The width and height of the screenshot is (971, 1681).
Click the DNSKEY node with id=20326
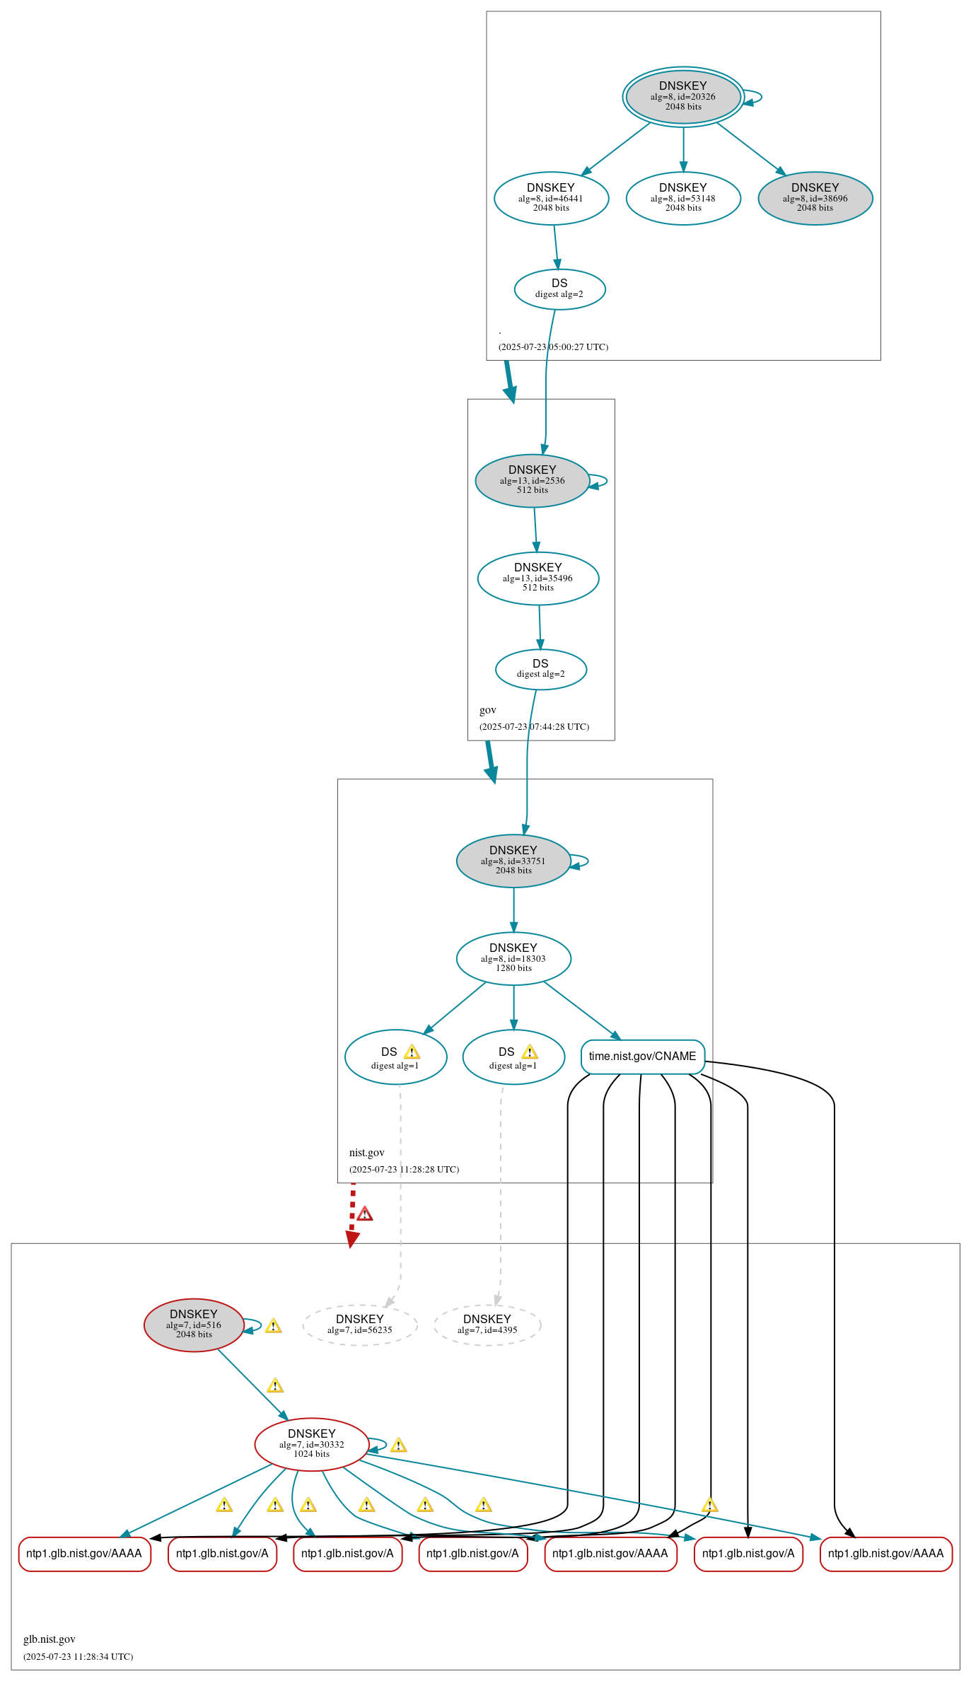click(682, 96)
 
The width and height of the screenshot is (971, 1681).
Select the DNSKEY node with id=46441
click(551, 198)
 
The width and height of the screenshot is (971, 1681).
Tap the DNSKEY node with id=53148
click(683, 198)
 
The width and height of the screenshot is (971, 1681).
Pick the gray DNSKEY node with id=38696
click(815, 198)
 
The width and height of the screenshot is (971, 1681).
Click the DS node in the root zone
click(559, 289)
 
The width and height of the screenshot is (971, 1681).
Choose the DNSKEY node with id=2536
click(532, 480)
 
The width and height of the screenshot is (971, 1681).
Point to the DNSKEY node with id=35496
click(537, 578)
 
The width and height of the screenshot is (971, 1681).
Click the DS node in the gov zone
click(540, 668)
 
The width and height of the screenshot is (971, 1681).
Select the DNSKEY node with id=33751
click(513, 861)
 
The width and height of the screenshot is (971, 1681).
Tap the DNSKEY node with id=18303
click(513, 958)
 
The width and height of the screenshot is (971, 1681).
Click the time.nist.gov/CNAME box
click(642, 1056)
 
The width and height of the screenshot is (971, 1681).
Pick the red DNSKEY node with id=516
click(194, 1325)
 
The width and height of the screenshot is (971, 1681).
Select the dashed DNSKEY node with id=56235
click(359, 1325)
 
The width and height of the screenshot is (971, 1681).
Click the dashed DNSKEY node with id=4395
click(487, 1325)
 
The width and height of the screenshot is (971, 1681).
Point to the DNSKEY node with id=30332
click(311, 1443)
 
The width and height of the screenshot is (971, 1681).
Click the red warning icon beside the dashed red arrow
click(364, 1214)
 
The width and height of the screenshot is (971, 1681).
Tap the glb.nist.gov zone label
click(50, 1639)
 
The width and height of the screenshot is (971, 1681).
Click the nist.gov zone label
click(366, 1152)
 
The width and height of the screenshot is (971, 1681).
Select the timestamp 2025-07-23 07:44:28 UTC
click(534, 726)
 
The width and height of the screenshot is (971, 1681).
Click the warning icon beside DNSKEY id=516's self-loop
click(274, 1326)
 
